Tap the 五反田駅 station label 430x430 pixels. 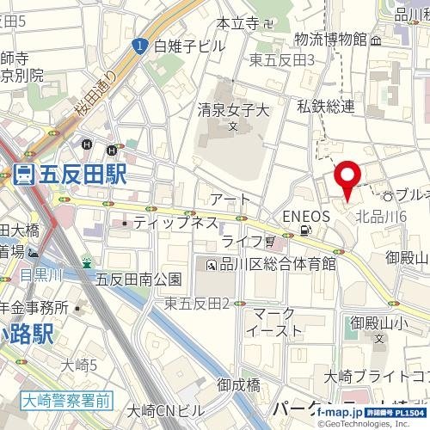(x=82, y=175)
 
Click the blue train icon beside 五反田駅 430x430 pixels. (x=23, y=175)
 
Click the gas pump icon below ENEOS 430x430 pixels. (x=304, y=230)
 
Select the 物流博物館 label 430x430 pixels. (x=330, y=39)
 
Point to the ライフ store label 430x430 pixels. (x=241, y=240)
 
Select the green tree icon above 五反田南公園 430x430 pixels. (x=86, y=261)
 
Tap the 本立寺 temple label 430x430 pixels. (x=237, y=23)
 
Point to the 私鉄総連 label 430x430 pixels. (x=326, y=106)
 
